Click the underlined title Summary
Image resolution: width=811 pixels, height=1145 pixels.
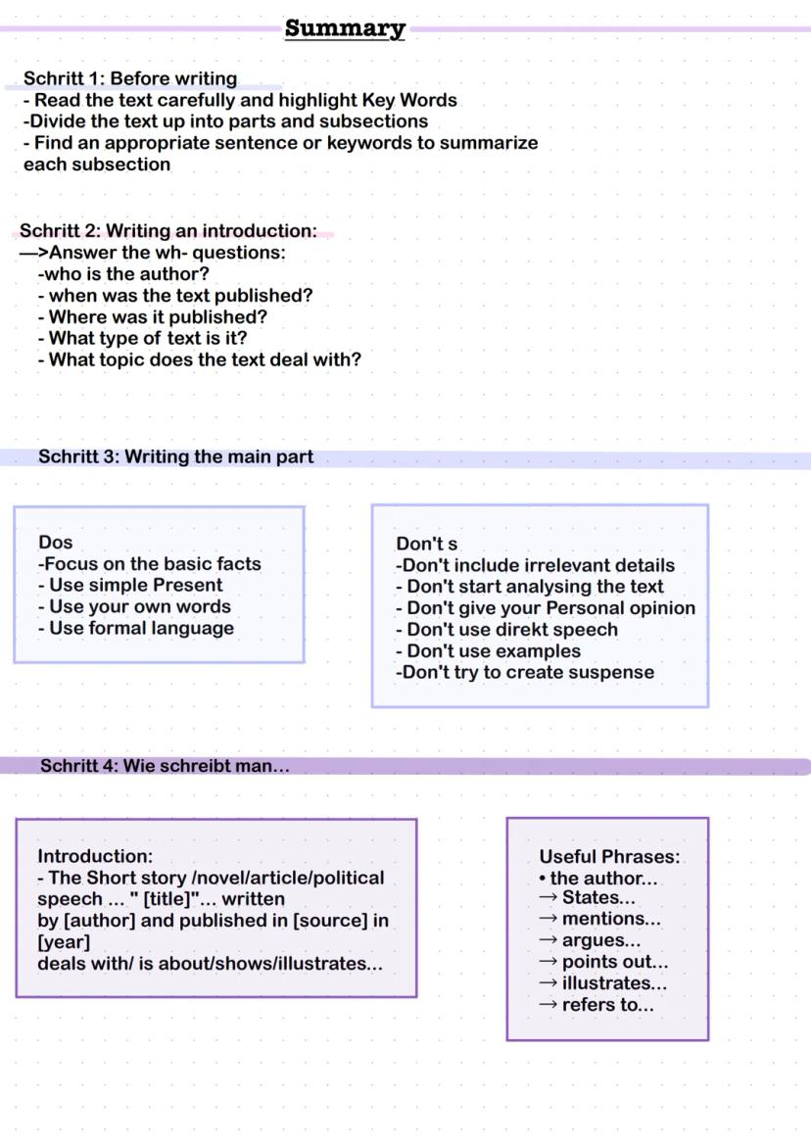(345, 28)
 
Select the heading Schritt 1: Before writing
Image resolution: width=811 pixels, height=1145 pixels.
(130, 78)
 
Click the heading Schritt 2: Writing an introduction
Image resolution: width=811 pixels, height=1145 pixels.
(167, 231)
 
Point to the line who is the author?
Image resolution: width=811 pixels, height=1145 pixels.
(123, 274)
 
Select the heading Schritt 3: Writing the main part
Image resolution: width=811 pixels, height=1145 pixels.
(176, 456)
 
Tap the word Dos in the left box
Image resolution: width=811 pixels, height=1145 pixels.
(56, 543)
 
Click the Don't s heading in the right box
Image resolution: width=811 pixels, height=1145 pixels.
(427, 544)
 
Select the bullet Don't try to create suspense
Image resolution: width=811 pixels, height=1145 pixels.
(525, 672)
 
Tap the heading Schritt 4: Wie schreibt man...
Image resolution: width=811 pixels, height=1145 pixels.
(165, 766)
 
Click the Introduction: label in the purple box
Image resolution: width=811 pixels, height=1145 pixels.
(95, 856)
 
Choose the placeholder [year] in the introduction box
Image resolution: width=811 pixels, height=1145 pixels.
(64, 942)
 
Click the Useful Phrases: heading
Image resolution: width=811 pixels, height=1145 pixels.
(609, 857)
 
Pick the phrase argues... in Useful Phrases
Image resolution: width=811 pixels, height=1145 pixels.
(601, 940)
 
